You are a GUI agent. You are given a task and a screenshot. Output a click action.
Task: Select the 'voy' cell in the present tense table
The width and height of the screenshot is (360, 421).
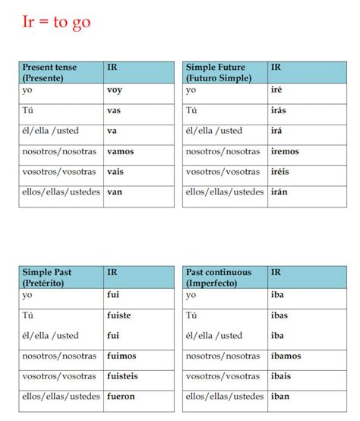coord(115,90)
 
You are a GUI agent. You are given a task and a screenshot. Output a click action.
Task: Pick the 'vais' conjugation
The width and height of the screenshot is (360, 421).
coord(115,172)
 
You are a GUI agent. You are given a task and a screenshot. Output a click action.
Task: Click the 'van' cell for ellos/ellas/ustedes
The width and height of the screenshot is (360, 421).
coord(115,192)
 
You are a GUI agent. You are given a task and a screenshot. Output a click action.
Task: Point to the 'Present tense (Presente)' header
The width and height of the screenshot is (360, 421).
coord(50,72)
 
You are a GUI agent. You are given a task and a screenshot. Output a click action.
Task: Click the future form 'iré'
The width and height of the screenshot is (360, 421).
coord(277,90)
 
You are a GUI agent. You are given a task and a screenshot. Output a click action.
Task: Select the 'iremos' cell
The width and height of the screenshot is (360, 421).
coord(285,151)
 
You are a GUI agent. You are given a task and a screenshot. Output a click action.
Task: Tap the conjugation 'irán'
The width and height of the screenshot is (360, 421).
coord(279,192)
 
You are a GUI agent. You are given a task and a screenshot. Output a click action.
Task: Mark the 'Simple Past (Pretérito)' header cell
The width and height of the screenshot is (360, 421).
coord(49,276)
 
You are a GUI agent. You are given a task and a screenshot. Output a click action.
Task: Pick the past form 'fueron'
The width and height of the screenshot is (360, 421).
coord(121,396)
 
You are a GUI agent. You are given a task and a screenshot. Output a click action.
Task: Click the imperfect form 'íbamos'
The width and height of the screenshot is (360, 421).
coord(286,355)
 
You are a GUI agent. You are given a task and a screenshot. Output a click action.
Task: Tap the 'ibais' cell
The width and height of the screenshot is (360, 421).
coord(281,375)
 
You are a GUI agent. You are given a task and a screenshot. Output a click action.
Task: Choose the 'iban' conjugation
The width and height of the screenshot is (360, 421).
coord(279,396)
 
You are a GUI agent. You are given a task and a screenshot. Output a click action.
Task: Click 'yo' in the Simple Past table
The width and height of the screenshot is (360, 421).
coord(28,293)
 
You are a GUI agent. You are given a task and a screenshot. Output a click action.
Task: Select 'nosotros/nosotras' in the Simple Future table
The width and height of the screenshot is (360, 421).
coord(223,151)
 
